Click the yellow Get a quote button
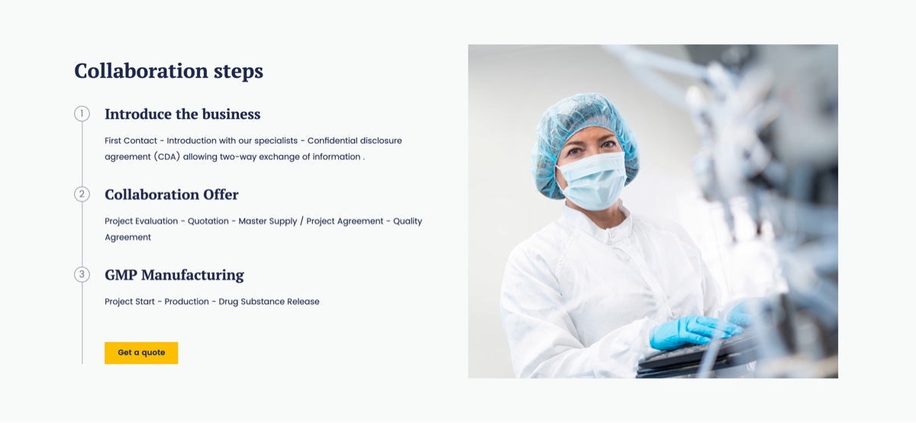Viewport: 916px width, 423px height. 141,353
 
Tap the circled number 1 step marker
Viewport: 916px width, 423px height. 82,113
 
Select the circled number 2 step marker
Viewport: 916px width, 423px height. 82,194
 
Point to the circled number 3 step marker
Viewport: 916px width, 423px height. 82,274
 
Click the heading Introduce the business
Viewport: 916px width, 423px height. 182,114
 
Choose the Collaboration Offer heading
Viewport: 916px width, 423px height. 171,195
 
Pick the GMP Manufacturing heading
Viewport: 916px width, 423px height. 174,275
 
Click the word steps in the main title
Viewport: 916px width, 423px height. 238,72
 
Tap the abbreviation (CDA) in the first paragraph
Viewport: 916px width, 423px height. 167,157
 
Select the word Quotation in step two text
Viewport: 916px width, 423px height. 208,221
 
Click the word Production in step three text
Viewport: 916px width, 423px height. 186,302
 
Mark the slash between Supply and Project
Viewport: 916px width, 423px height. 302,221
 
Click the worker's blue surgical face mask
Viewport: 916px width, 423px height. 593,181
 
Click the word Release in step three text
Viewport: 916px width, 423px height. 303,302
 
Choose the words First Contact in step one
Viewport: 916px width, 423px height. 131,140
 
